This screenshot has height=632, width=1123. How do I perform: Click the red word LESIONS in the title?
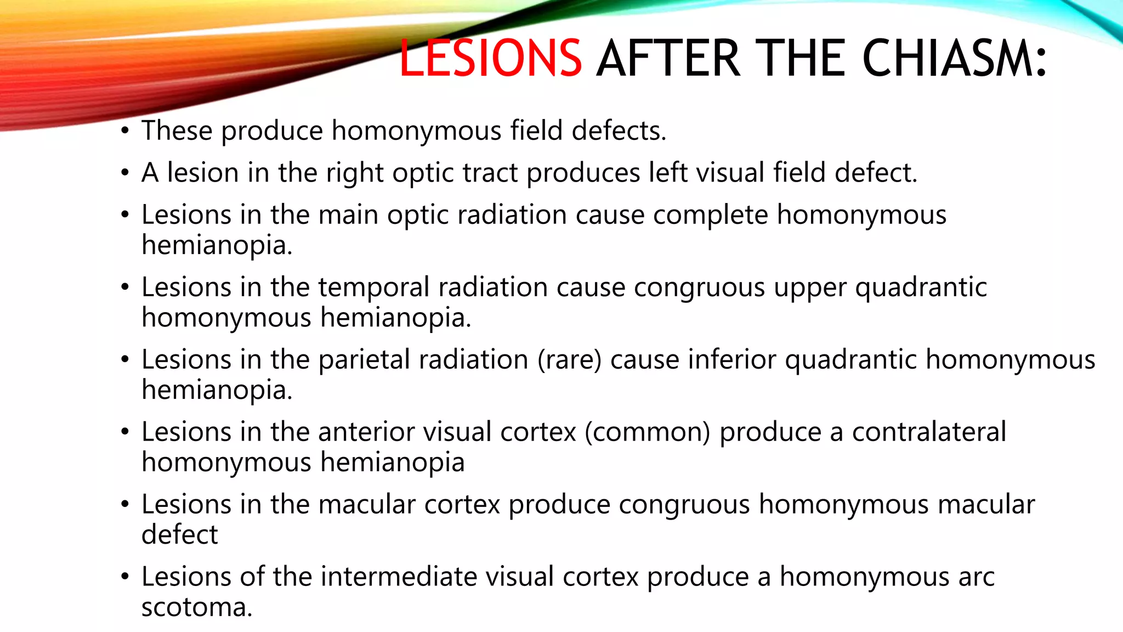490,58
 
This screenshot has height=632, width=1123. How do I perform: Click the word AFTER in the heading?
668,58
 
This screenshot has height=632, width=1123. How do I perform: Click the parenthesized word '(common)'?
647,432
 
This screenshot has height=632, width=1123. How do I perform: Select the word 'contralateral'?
929,432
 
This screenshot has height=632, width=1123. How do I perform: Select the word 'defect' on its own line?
179,534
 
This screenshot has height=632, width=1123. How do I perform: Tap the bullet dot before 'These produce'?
126,131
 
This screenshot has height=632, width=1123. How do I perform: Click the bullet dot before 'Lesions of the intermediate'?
126,577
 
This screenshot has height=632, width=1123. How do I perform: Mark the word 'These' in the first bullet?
177,131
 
